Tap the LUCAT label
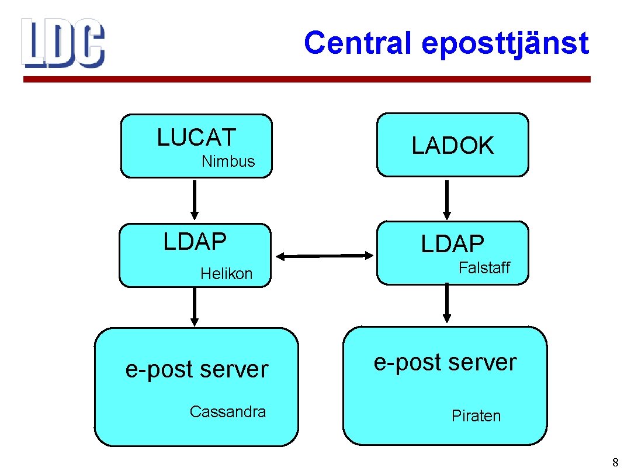(196, 138)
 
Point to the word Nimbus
(228, 162)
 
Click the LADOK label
(453, 146)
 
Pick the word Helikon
(226, 273)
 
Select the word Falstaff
(484, 268)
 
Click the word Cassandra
(227, 412)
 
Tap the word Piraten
(476, 416)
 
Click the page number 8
(615, 463)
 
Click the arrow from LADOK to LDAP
(447, 199)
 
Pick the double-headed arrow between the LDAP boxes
(324, 256)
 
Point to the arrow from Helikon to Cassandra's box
(195, 307)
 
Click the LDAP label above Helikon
(195, 242)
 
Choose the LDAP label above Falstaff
(453, 244)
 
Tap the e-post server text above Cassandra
(197, 370)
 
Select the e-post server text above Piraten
(445, 363)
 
